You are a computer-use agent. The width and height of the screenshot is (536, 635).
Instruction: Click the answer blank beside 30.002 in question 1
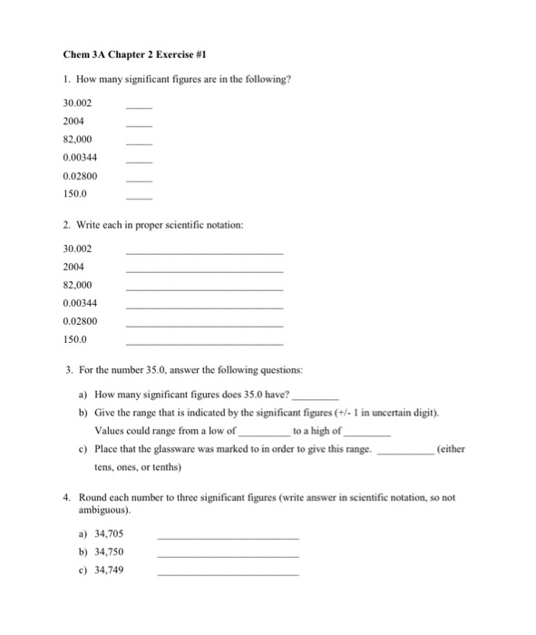(x=138, y=108)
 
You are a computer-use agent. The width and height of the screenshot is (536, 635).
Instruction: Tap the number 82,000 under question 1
(x=78, y=141)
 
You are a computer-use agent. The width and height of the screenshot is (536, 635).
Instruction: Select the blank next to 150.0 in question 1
(x=138, y=198)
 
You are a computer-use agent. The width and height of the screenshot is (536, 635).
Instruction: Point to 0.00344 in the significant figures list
(x=80, y=158)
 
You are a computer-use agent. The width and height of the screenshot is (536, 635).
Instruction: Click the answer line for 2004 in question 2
(x=204, y=271)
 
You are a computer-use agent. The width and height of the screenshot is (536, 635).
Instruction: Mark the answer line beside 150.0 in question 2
(x=204, y=344)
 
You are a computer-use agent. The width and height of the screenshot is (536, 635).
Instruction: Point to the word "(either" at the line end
(x=451, y=450)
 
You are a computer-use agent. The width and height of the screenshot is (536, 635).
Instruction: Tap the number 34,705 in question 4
(x=109, y=534)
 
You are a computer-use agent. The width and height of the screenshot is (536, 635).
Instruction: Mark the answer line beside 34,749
(x=228, y=575)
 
